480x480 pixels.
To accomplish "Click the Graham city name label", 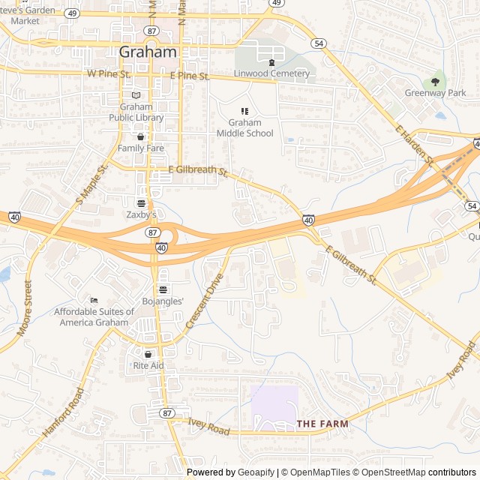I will [148, 52].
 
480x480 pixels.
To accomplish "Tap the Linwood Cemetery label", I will [271, 73].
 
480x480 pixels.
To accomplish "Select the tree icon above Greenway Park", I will [435, 82].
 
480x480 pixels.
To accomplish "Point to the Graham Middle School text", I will [244, 128].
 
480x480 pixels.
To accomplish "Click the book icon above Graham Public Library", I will [136, 95].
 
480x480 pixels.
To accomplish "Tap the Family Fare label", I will [140, 148].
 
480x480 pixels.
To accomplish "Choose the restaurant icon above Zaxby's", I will [140, 203].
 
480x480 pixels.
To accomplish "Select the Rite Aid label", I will [148, 365].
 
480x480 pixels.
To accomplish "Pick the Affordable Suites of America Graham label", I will [94, 317].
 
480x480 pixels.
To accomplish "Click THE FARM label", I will [322, 424].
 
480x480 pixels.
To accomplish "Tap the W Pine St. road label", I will [109, 74].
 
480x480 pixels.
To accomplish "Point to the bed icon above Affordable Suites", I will [94, 300].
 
